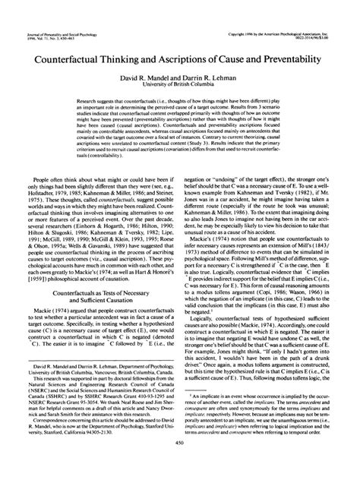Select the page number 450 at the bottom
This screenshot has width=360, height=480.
pos(180,466)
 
